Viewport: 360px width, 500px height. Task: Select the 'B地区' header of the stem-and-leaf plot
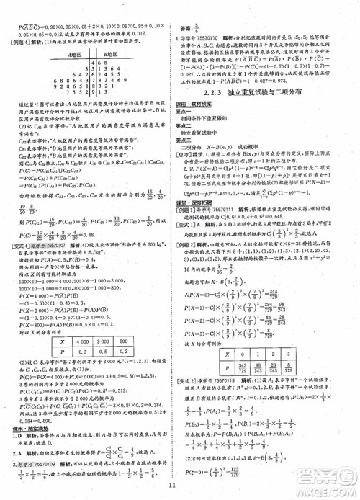[109, 54]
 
